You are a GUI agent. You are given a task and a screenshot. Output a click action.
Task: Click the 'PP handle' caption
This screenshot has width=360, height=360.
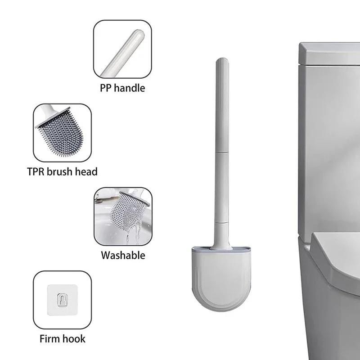pos(122,88)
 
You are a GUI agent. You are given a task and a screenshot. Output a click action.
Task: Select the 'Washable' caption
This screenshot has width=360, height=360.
pos(123,256)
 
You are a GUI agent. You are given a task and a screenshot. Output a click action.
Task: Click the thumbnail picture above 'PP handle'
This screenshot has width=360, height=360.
pos(122,49)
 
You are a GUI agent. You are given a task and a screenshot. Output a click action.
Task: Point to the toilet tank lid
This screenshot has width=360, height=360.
pos(328,52)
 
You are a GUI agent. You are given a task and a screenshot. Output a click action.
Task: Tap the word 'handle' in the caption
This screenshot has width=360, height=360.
pos(130,88)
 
